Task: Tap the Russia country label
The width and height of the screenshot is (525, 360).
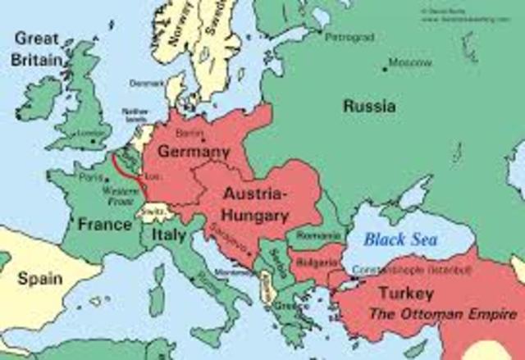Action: (x=369, y=106)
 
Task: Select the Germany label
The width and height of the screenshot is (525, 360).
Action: (x=194, y=153)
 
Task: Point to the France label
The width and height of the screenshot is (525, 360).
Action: (x=104, y=223)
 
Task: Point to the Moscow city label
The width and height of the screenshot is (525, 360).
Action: (x=410, y=62)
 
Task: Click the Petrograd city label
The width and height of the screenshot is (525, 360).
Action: (x=349, y=38)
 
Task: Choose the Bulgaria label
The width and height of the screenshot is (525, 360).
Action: (x=313, y=264)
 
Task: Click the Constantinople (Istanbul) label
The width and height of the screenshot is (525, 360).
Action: (x=410, y=270)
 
